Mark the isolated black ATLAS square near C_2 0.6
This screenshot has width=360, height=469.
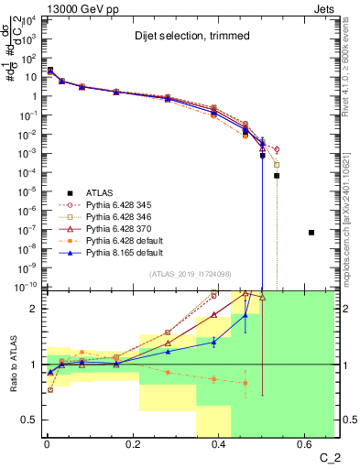[311, 233]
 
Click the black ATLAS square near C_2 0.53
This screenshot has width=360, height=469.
[277, 175]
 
